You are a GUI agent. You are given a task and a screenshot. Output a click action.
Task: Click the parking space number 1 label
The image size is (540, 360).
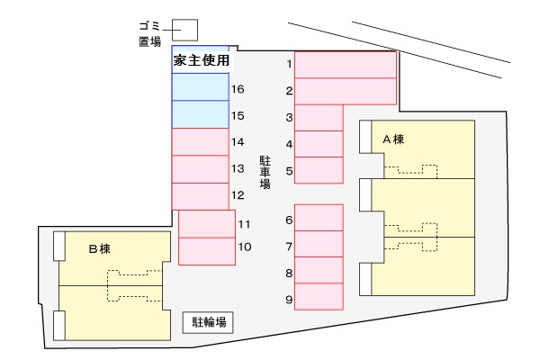point(290,64)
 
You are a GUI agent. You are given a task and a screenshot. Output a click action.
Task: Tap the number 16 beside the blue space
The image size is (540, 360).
point(238,90)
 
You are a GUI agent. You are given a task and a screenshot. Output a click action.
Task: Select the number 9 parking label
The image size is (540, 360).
point(290,300)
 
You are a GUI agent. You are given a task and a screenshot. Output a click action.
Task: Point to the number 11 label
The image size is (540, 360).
point(244,223)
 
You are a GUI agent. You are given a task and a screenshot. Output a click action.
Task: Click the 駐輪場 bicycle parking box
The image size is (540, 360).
point(209,322)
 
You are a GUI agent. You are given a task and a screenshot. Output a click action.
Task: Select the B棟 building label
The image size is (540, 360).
point(99,247)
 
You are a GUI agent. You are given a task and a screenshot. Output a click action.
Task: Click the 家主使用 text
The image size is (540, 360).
point(201,60)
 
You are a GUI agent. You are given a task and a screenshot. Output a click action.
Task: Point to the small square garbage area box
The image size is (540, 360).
point(184,31)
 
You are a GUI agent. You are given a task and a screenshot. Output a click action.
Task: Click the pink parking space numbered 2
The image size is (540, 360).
point(346,91)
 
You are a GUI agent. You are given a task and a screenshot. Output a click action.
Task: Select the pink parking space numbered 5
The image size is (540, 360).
point(319,169)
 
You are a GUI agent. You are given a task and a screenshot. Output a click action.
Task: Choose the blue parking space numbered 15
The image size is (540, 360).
point(200,115)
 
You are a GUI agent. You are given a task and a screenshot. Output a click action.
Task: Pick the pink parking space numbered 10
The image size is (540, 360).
point(207,250)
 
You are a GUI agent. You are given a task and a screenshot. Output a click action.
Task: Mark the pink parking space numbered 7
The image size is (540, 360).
point(319,244)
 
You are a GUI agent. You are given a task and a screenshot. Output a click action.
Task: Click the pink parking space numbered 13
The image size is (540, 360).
point(200,169)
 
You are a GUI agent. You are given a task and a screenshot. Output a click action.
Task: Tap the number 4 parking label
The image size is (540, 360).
point(290,144)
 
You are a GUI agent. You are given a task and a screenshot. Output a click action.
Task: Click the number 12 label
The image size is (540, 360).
point(238,195)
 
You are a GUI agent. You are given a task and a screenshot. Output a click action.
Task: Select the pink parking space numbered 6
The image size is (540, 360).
point(319,218)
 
